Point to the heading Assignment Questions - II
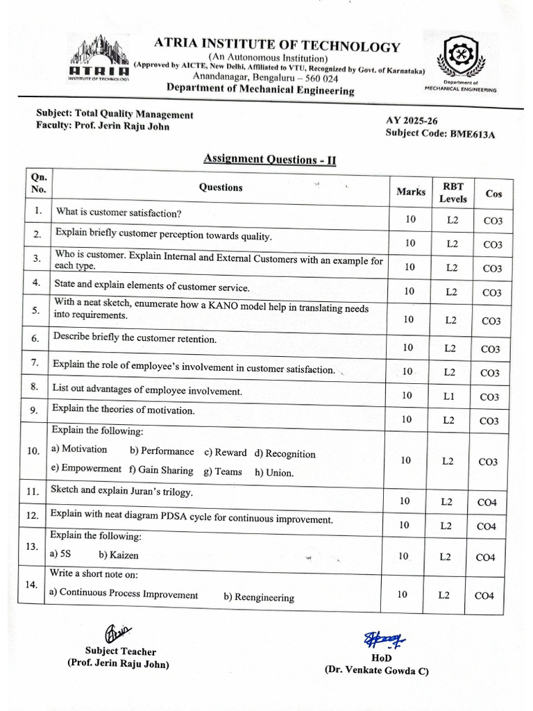(270, 159)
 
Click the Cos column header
(493, 193)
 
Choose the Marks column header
(411, 192)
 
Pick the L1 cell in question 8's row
(450, 395)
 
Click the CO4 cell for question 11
(487, 502)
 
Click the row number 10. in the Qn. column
(33, 451)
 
